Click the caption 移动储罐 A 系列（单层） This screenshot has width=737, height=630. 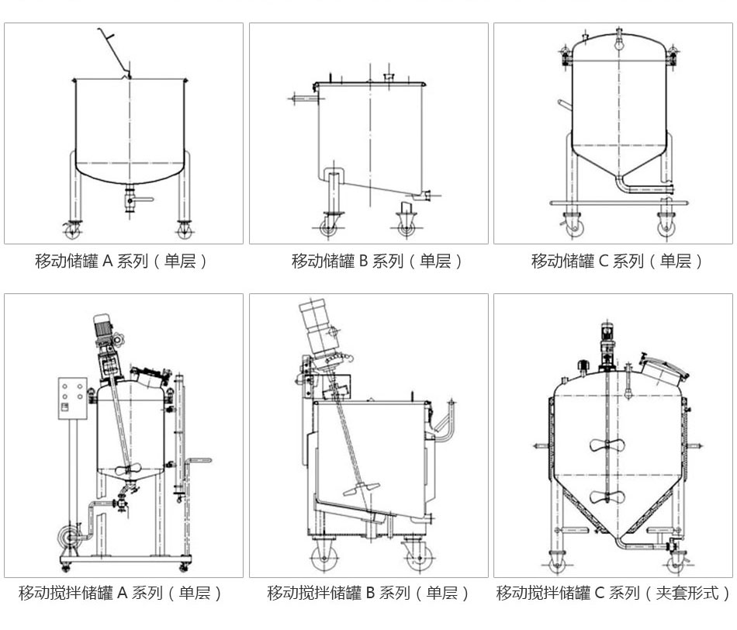pyautogui.click(x=123, y=261)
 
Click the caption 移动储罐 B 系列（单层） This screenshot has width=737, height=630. pyautogui.click(x=368, y=261)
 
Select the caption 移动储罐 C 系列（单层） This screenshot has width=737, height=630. pyautogui.click(x=613, y=261)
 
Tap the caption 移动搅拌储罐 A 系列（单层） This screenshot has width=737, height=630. pyautogui.click(x=123, y=594)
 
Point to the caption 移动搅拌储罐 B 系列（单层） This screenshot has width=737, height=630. pyautogui.click(x=368, y=594)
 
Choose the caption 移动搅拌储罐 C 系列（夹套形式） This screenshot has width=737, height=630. pyautogui.click(x=613, y=594)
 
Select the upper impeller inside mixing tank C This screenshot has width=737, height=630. pyautogui.click(x=607, y=445)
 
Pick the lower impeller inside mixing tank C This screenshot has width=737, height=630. pyautogui.click(x=607, y=497)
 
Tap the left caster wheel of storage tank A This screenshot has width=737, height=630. pyautogui.click(x=74, y=230)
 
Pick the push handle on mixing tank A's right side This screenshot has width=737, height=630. pyautogui.click(x=199, y=462)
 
